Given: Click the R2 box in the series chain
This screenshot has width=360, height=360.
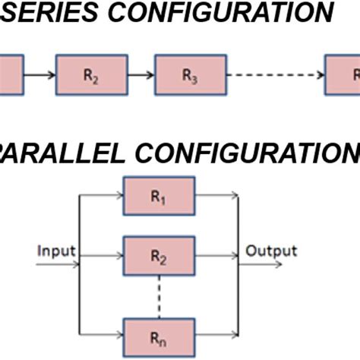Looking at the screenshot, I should pyautogui.click(x=91, y=74).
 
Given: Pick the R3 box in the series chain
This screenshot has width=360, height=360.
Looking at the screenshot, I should pyautogui.click(x=190, y=74).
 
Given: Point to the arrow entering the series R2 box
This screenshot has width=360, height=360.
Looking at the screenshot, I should pyautogui.click(x=39, y=74).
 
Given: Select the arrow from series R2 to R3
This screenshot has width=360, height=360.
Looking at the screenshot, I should pyautogui.click(x=141, y=74).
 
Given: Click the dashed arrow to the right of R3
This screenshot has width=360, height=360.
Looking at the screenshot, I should pyautogui.click(x=275, y=74).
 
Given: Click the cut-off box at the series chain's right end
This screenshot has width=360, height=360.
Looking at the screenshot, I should pyautogui.click(x=343, y=74).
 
